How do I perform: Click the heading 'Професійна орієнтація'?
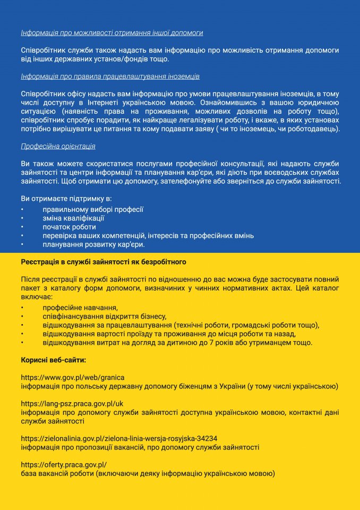pos(58,146)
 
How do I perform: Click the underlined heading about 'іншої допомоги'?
pos(112,33)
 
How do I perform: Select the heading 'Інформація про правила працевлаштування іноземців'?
pos(110,76)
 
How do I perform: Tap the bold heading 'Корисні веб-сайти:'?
pos(53,360)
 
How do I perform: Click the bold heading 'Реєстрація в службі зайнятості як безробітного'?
pos(103,262)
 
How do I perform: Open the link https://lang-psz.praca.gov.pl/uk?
pos(72,404)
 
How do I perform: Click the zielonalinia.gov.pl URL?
pos(118,438)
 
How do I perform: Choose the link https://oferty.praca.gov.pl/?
pos(64,465)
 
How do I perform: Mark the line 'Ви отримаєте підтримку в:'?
pos(63,198)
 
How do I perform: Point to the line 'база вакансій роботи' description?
pos(148,473)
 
